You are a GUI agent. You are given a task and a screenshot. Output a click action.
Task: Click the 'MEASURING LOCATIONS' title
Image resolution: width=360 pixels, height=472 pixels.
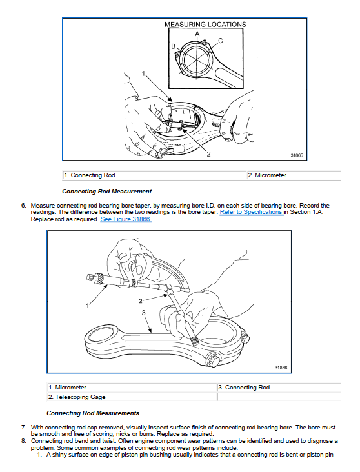pyautogui.click(x=205, y=25)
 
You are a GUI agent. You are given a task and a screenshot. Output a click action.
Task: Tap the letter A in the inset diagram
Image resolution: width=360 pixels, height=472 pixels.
pyautogui.click(x=197, y=34)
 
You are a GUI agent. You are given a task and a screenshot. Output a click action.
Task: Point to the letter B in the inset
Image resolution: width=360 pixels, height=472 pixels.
pyautogui.click(x=173, y=46)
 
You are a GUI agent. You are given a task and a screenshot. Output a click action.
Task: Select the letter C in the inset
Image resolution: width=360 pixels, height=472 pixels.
pyautogui.click(x=220, y=41)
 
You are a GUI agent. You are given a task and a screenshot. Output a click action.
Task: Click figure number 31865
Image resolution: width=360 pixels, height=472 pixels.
pyautogui.click(x=297, y=155)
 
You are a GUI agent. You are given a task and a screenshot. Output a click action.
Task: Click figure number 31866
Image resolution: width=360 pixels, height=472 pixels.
pyautogui.click(x=281, y=368)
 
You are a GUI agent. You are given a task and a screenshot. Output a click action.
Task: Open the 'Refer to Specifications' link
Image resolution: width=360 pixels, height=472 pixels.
pyautogui.click(x=251, y=212)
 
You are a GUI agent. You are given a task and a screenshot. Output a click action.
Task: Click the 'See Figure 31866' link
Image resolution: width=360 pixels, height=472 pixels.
pyautogui.click(x=126, y=219)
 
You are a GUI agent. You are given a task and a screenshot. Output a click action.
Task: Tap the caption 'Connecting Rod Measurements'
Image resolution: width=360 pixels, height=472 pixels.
pyautogui.click(x=93, y=413)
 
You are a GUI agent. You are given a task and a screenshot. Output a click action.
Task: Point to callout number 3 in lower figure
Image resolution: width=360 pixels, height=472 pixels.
pyautogui.click(x=143, y=313)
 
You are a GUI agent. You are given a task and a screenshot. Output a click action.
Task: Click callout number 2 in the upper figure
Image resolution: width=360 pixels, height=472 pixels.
pyautogui.click(x=208, y=154)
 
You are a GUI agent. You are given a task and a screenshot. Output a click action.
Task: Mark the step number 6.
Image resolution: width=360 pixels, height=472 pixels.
pyautogui.click(x=24, y=206)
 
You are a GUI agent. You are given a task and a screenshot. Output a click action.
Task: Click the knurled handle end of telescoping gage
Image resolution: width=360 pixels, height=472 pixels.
pyautogui.click(x=195, y=340)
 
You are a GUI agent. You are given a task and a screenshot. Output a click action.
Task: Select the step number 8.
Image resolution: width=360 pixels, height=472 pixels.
pyautogui.click(x=24, y=441)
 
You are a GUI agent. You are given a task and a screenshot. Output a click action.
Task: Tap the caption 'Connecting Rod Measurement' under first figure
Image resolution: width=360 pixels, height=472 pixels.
pyautogui.click(x=107, y=191)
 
